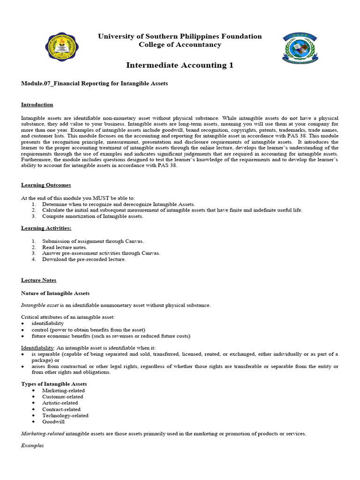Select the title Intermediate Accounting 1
pyautogui.click(x=180, y=65)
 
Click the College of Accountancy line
pyautogui.click(x=180, y=45)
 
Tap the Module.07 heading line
pyautogui.click(x=94, y=83)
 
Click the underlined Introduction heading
pyautogui.click(x=37, y=105)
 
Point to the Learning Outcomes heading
pyautogui.click(x=46, y=185)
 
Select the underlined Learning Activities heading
pyautogui.click(x=46, y=228)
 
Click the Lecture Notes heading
pyautogui.click(x=38, y=280)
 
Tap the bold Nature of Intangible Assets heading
pyautogui.click(x=55, y=293)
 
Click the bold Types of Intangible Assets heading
pyautogui.click(x=54, y=384)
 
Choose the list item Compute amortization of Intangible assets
pyautogui.click(x=92, y=217)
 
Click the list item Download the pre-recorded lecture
pyautogui.click(x=84, y=260)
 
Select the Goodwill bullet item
pyautogui.click(x=53, y=422)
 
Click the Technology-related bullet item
pyautogui.click(x=65, y=415)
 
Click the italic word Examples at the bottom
pyautogui.click(x=32, y=445)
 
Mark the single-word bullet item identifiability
pyautogui.click(x=47, y=323)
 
